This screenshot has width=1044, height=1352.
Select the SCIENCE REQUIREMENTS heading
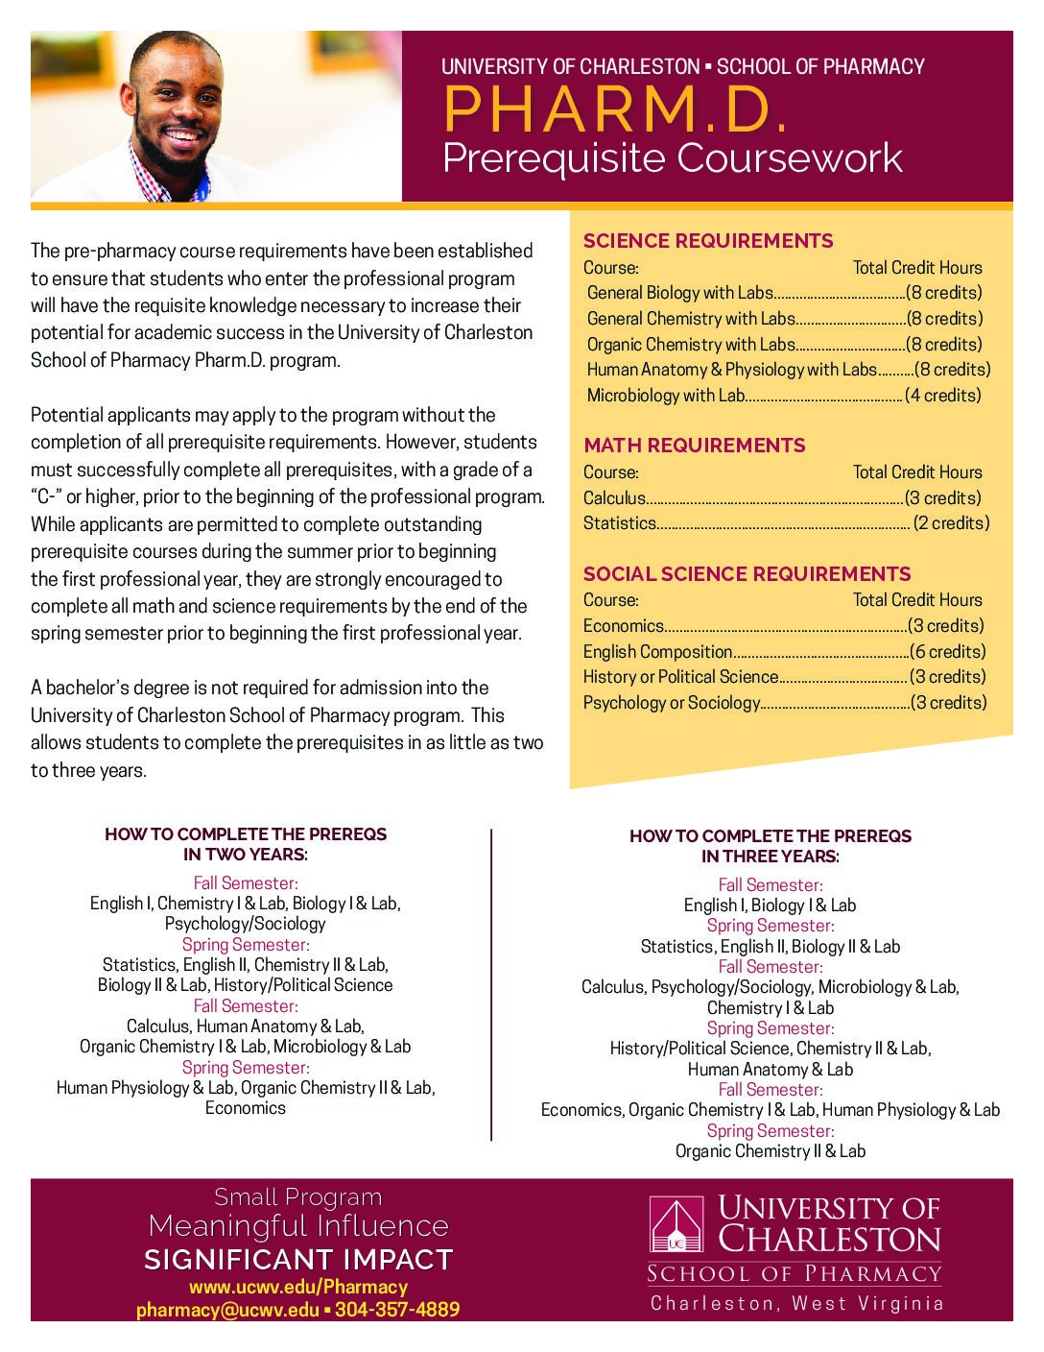click(x=708, y=241)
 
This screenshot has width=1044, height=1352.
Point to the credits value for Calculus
click(x=943, y=498)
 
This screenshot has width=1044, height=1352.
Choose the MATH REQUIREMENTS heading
click(x=694, y=446)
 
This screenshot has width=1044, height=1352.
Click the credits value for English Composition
click(x=947, y=651)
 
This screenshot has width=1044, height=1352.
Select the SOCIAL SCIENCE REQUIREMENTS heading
click(x=747, y=574)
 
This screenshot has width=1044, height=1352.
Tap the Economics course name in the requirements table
click(x=623, y=626)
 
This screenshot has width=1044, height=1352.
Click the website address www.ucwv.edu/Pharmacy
click(x=297, y=1287)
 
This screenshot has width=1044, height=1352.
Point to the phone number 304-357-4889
click(x=396, y=1310)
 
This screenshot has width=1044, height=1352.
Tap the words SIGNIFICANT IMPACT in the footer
click(x=297, y=1259)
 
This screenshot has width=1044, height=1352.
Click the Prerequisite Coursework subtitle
click(x=672, y=158)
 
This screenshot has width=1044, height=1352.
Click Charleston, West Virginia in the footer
click(x=796, y=1303)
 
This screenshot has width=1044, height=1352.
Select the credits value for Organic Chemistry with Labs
click(x=944, y=345)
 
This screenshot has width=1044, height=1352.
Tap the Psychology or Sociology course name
click(x=671, y=703)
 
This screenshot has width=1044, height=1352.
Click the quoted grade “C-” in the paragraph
click(x=47, y=497)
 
